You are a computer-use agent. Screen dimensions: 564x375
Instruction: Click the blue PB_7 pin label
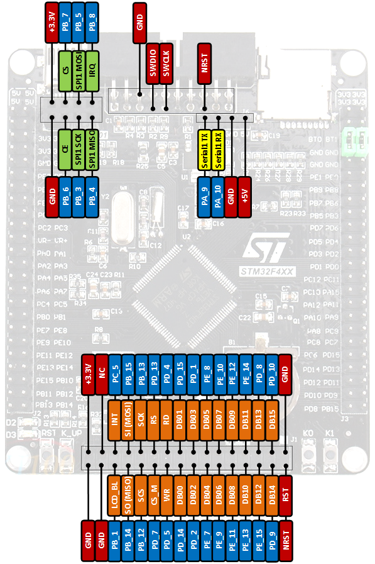[x=65, y=22]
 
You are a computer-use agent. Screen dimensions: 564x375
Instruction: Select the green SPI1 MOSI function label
[x=79, y=70]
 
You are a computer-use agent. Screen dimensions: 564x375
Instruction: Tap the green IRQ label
[x=92, y=70]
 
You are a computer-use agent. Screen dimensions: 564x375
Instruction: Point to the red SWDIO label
[x=153, y=62]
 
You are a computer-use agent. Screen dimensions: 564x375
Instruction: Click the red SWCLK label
[x=166, y=62]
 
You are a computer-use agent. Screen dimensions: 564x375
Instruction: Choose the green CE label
[x=65, y=148]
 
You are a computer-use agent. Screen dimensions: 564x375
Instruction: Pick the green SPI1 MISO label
[x=92, y=148]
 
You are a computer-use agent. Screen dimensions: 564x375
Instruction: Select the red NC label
[x=101, y=373]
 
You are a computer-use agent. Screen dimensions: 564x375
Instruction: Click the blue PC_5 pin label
[x=115, y=373]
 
